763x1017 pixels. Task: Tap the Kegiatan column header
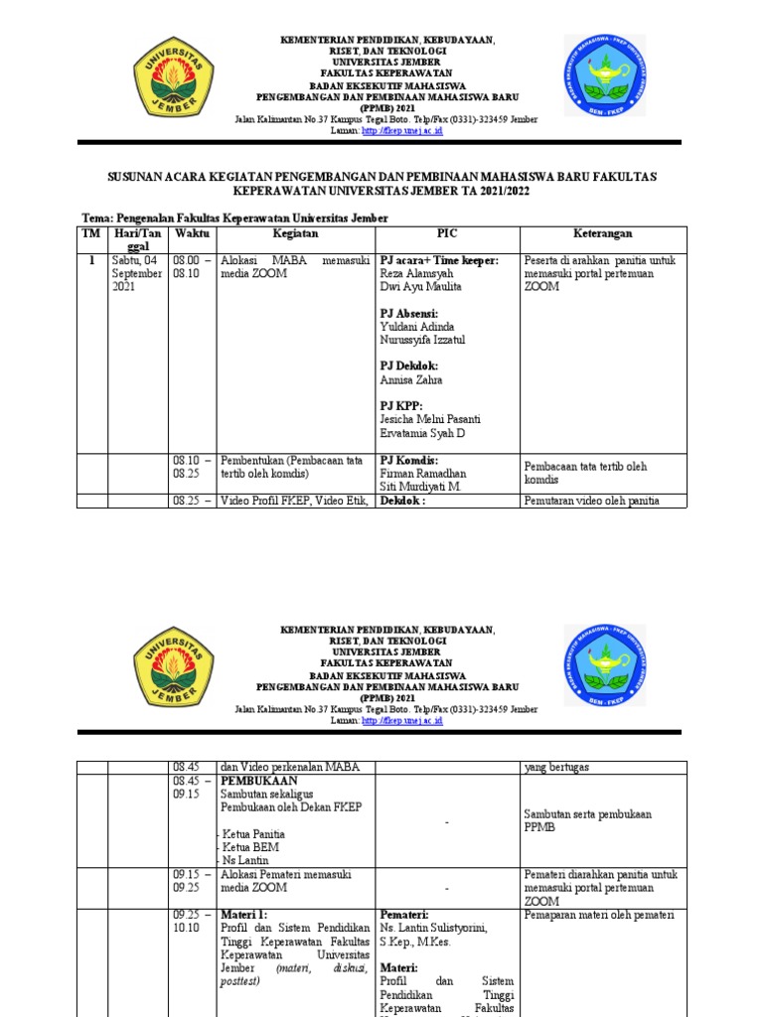click(295, 233)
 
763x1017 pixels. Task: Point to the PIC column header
click(447, 233)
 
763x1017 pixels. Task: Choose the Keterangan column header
click(602, 233)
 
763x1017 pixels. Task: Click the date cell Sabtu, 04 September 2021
click(136, 274)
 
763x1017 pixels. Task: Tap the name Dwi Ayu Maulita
click(420, 287)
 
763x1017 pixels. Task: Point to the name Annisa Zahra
click(410, 379)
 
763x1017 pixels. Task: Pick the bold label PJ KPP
click(401, 406)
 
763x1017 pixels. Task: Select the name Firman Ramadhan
click(422, 474)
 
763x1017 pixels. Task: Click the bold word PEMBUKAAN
click(260, 782)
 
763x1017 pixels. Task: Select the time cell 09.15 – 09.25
click(192, 881)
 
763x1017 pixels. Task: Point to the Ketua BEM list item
click(250, 847)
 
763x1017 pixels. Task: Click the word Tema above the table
click(96, 218)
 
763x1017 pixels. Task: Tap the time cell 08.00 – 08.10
click(192, 267)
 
